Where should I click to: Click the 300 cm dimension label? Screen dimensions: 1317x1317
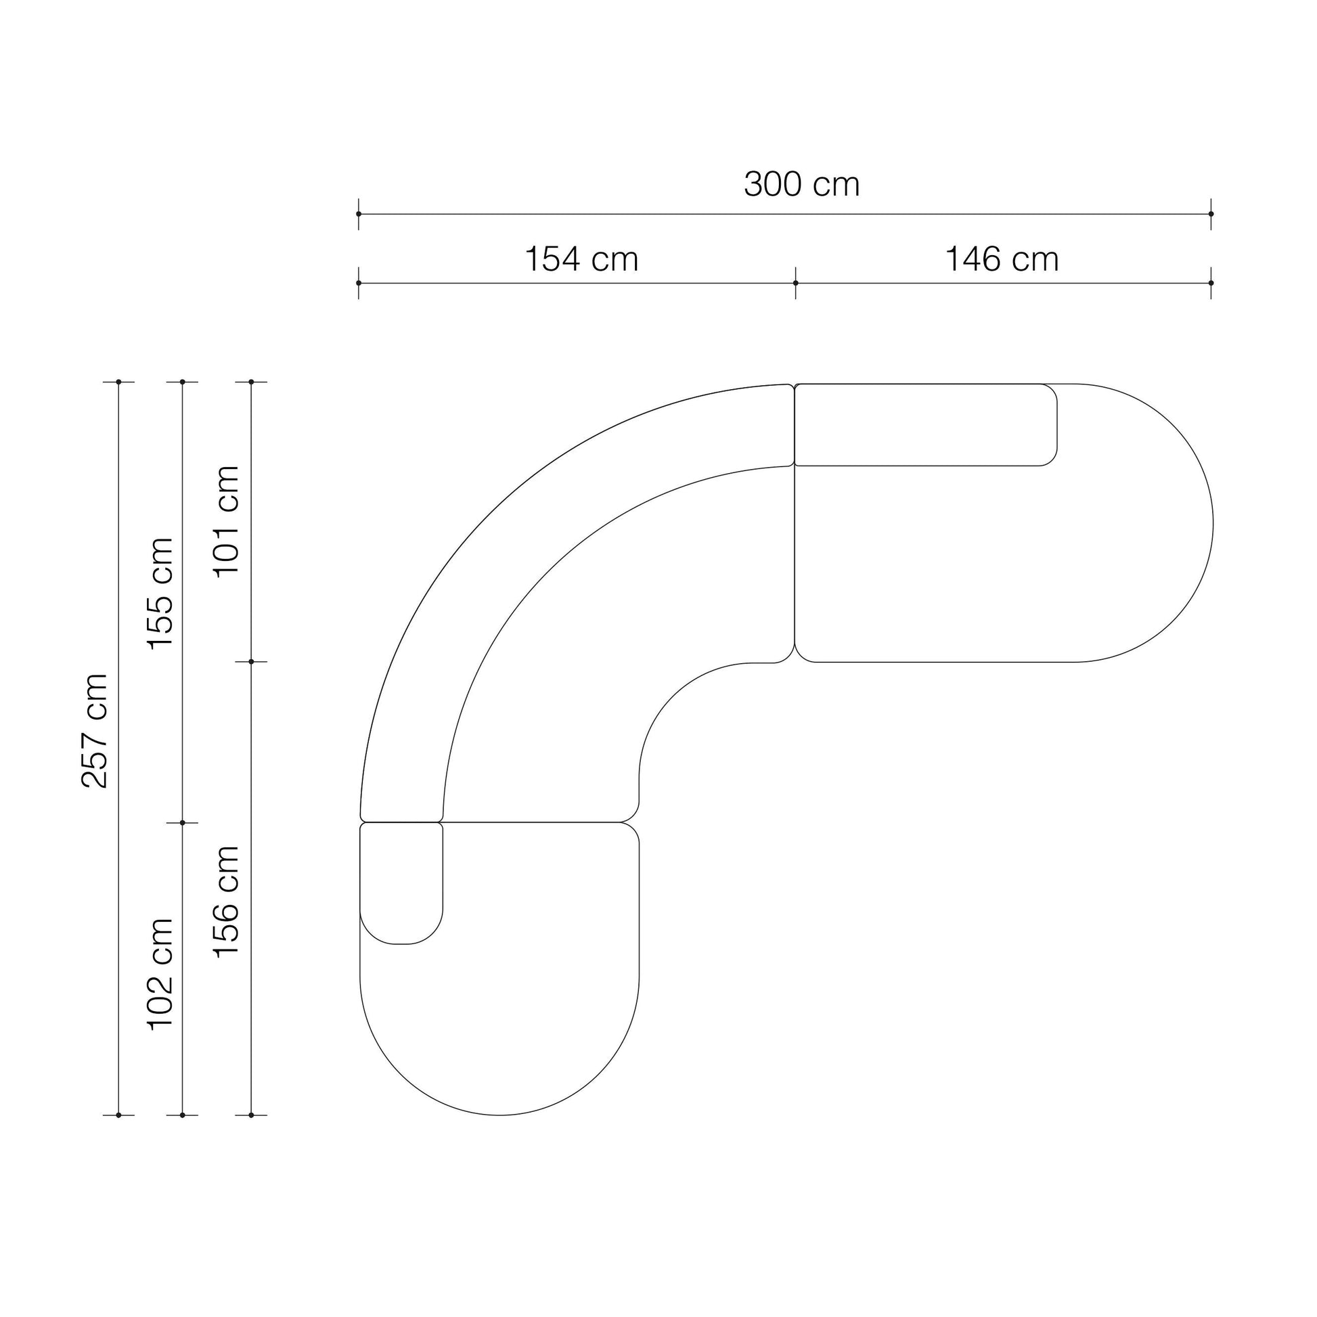pyautogui.click(x=802, y=185)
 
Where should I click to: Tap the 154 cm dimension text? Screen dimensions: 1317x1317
pyautogui.click(x=581, y=260)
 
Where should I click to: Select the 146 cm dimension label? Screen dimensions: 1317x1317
pyautogui.click(x=1002, y=260)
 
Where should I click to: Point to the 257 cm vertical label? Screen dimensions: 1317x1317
pyautogui.click(x=95, y=731)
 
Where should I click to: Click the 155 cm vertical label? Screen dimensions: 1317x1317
pyautogui.click(x=161, y=594)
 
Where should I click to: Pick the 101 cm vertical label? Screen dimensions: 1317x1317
pyautogui.click(x=227, y=522)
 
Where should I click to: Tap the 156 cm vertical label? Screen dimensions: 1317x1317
pyautogui.click(x=227, y=901)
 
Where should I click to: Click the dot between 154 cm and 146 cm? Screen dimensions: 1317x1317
pyautogui.click(x=795, y=283)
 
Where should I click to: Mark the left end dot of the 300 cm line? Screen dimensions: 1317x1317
pyautogui.click(x=359, y=214)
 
